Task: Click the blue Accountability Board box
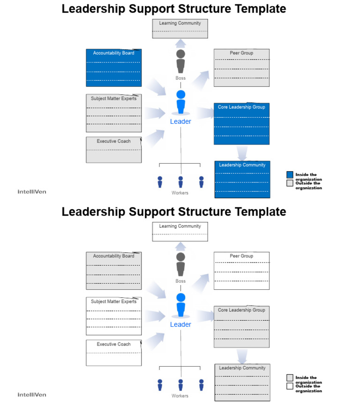click(x=113, y=68)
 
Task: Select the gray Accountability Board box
click(x=113, y=271)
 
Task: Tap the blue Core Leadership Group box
click(x=241, y=123)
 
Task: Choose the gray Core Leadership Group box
click(x=241, y=326)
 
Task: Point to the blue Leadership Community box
click(x=242, y=179)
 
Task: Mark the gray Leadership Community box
click(x=242, y=382)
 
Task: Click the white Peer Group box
click(x=241, y=271)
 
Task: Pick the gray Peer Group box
click(x=241, y=68)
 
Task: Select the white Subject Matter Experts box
click(x=113, y=316)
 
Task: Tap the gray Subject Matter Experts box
click(x=113, y=113)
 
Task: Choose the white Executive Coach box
click(x=113, y=353)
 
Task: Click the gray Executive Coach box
click(x=113, y=150)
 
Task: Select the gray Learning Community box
click(x=180, y=29)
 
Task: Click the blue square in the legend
click(x=290, y=175)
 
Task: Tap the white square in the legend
click(x=290, y=386)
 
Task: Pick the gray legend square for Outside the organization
click(x=290, y=183)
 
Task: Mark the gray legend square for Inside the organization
click(x=290, y=378)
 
